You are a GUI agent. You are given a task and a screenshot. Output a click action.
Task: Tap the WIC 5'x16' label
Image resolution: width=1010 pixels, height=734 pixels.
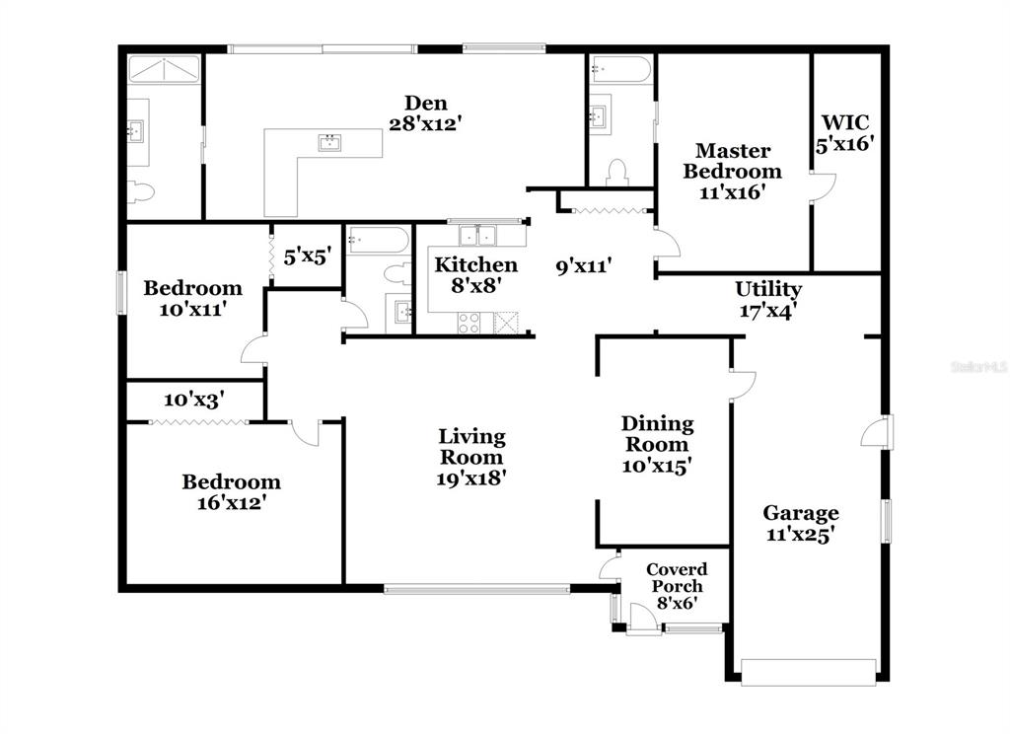(x=844, y=133)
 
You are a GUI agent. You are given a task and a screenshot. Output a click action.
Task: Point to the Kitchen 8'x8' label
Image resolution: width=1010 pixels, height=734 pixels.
(x=475, y=274)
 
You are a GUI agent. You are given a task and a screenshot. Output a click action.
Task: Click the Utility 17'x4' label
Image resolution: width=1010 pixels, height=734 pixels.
(x=767, y=300)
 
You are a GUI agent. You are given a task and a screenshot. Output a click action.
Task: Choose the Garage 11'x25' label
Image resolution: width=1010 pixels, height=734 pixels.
(x=801, y=523)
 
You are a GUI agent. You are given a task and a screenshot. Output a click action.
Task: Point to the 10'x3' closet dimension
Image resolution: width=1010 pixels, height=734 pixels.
(x=194, y=401)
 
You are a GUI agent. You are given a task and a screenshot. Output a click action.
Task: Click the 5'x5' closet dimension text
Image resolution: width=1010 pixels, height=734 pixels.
(x=308, y=257)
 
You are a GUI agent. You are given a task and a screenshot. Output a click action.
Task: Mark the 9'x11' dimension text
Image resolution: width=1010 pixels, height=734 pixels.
(x=584, y=265)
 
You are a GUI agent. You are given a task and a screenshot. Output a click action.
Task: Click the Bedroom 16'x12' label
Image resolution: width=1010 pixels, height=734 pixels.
(x=231, y=491)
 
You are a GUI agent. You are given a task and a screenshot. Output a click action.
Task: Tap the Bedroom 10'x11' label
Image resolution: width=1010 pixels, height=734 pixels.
(x=192, y=298)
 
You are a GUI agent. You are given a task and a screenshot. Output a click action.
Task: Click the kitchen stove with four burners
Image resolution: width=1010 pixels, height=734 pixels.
(x=469, y=323)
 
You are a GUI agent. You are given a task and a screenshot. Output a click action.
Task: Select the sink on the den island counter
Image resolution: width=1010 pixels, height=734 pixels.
(x=329, y=142)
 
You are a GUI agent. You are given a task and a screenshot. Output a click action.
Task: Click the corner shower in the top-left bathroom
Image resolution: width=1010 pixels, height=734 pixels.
(x=165, y=70)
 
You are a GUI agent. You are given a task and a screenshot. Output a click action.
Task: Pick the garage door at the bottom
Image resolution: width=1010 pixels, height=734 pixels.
(x=809, y=672)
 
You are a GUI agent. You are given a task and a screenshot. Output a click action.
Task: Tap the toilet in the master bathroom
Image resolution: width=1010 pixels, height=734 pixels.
(x=617, y=174)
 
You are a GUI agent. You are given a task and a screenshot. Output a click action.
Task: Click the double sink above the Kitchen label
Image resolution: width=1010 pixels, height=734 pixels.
(x=477, y=235)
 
